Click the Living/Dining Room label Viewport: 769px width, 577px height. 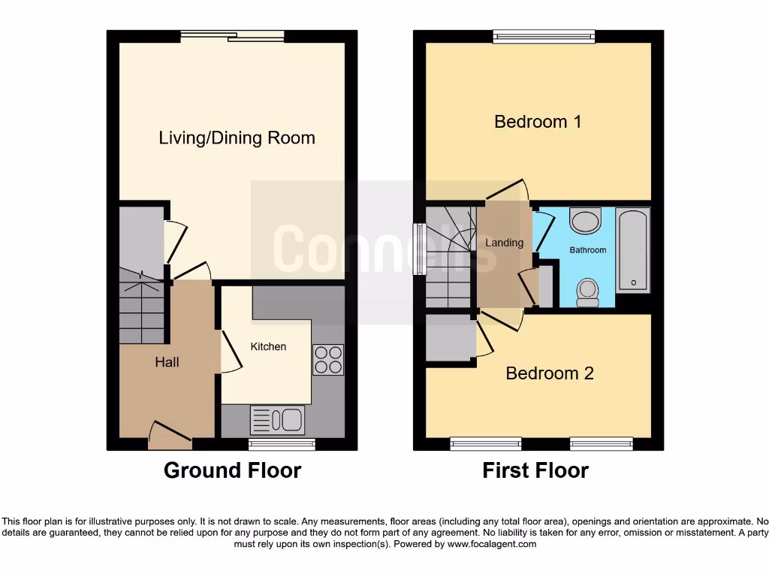click(237, 138)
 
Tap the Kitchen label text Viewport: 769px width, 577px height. click(268, 346)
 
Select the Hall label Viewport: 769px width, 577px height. click(167, 362)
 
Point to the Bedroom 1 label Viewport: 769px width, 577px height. click(538, 122)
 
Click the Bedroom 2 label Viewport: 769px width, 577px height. click(550, 373)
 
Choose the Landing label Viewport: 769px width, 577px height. click(504, 243)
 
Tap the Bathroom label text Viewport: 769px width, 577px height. click(587, 250)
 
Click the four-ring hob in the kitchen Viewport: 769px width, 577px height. click(327, 359)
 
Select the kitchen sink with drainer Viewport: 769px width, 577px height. click(276, 420)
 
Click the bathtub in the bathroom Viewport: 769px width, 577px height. click(633, 250)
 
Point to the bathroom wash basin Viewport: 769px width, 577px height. click(586, 221)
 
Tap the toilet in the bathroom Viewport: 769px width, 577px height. click(587, 292)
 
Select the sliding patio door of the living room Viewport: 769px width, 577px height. click(232, 35)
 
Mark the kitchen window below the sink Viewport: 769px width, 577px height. click(282, 445)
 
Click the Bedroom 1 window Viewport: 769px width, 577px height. click(544, 35)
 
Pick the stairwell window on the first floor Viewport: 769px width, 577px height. click(419, 249)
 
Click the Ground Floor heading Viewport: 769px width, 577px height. click(232, 471)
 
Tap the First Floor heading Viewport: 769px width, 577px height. click(535, 471)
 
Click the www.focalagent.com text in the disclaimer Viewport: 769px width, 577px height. click(491, 544)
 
